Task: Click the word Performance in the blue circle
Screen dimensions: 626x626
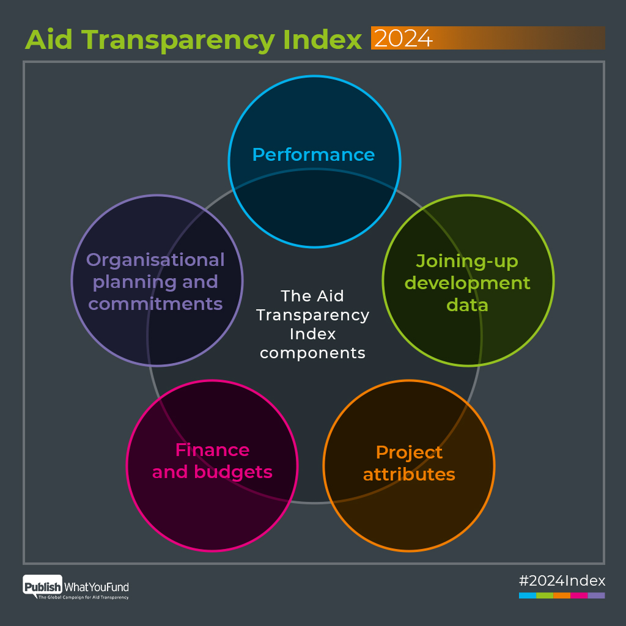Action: [313, 155]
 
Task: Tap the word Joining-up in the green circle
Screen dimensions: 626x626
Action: [467, 261]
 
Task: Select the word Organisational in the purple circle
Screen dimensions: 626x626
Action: [155, 260]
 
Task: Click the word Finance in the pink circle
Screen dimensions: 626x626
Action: [212, 450]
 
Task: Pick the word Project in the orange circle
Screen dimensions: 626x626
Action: [409, 452]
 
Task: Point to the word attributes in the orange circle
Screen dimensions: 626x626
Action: [409, 474]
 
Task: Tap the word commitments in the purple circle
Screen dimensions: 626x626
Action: [155, 304]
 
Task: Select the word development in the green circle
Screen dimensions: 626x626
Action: [468, 283]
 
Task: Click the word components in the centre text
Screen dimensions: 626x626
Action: [312, 353]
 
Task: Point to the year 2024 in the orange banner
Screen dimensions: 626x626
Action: [403, 39]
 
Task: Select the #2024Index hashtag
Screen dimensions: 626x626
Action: [562, 580]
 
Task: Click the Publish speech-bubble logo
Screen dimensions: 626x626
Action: [42, 587]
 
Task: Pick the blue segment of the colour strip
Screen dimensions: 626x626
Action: [528, 595]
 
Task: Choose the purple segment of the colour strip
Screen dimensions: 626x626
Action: [596, 595]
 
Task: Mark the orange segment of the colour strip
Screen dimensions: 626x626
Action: [562, 595]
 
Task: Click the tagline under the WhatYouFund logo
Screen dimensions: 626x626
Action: [84, 597]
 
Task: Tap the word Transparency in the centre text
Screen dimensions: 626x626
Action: [312, 315]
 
